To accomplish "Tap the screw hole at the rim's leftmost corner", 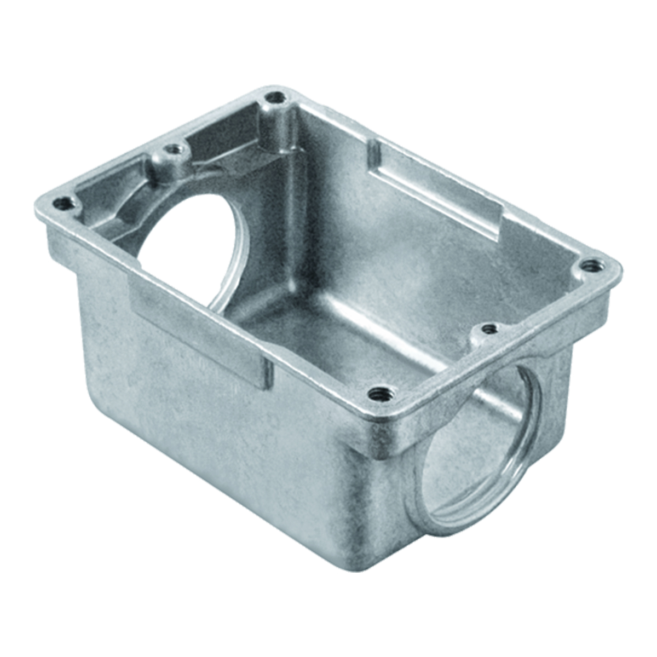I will click(x=64, y=204).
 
